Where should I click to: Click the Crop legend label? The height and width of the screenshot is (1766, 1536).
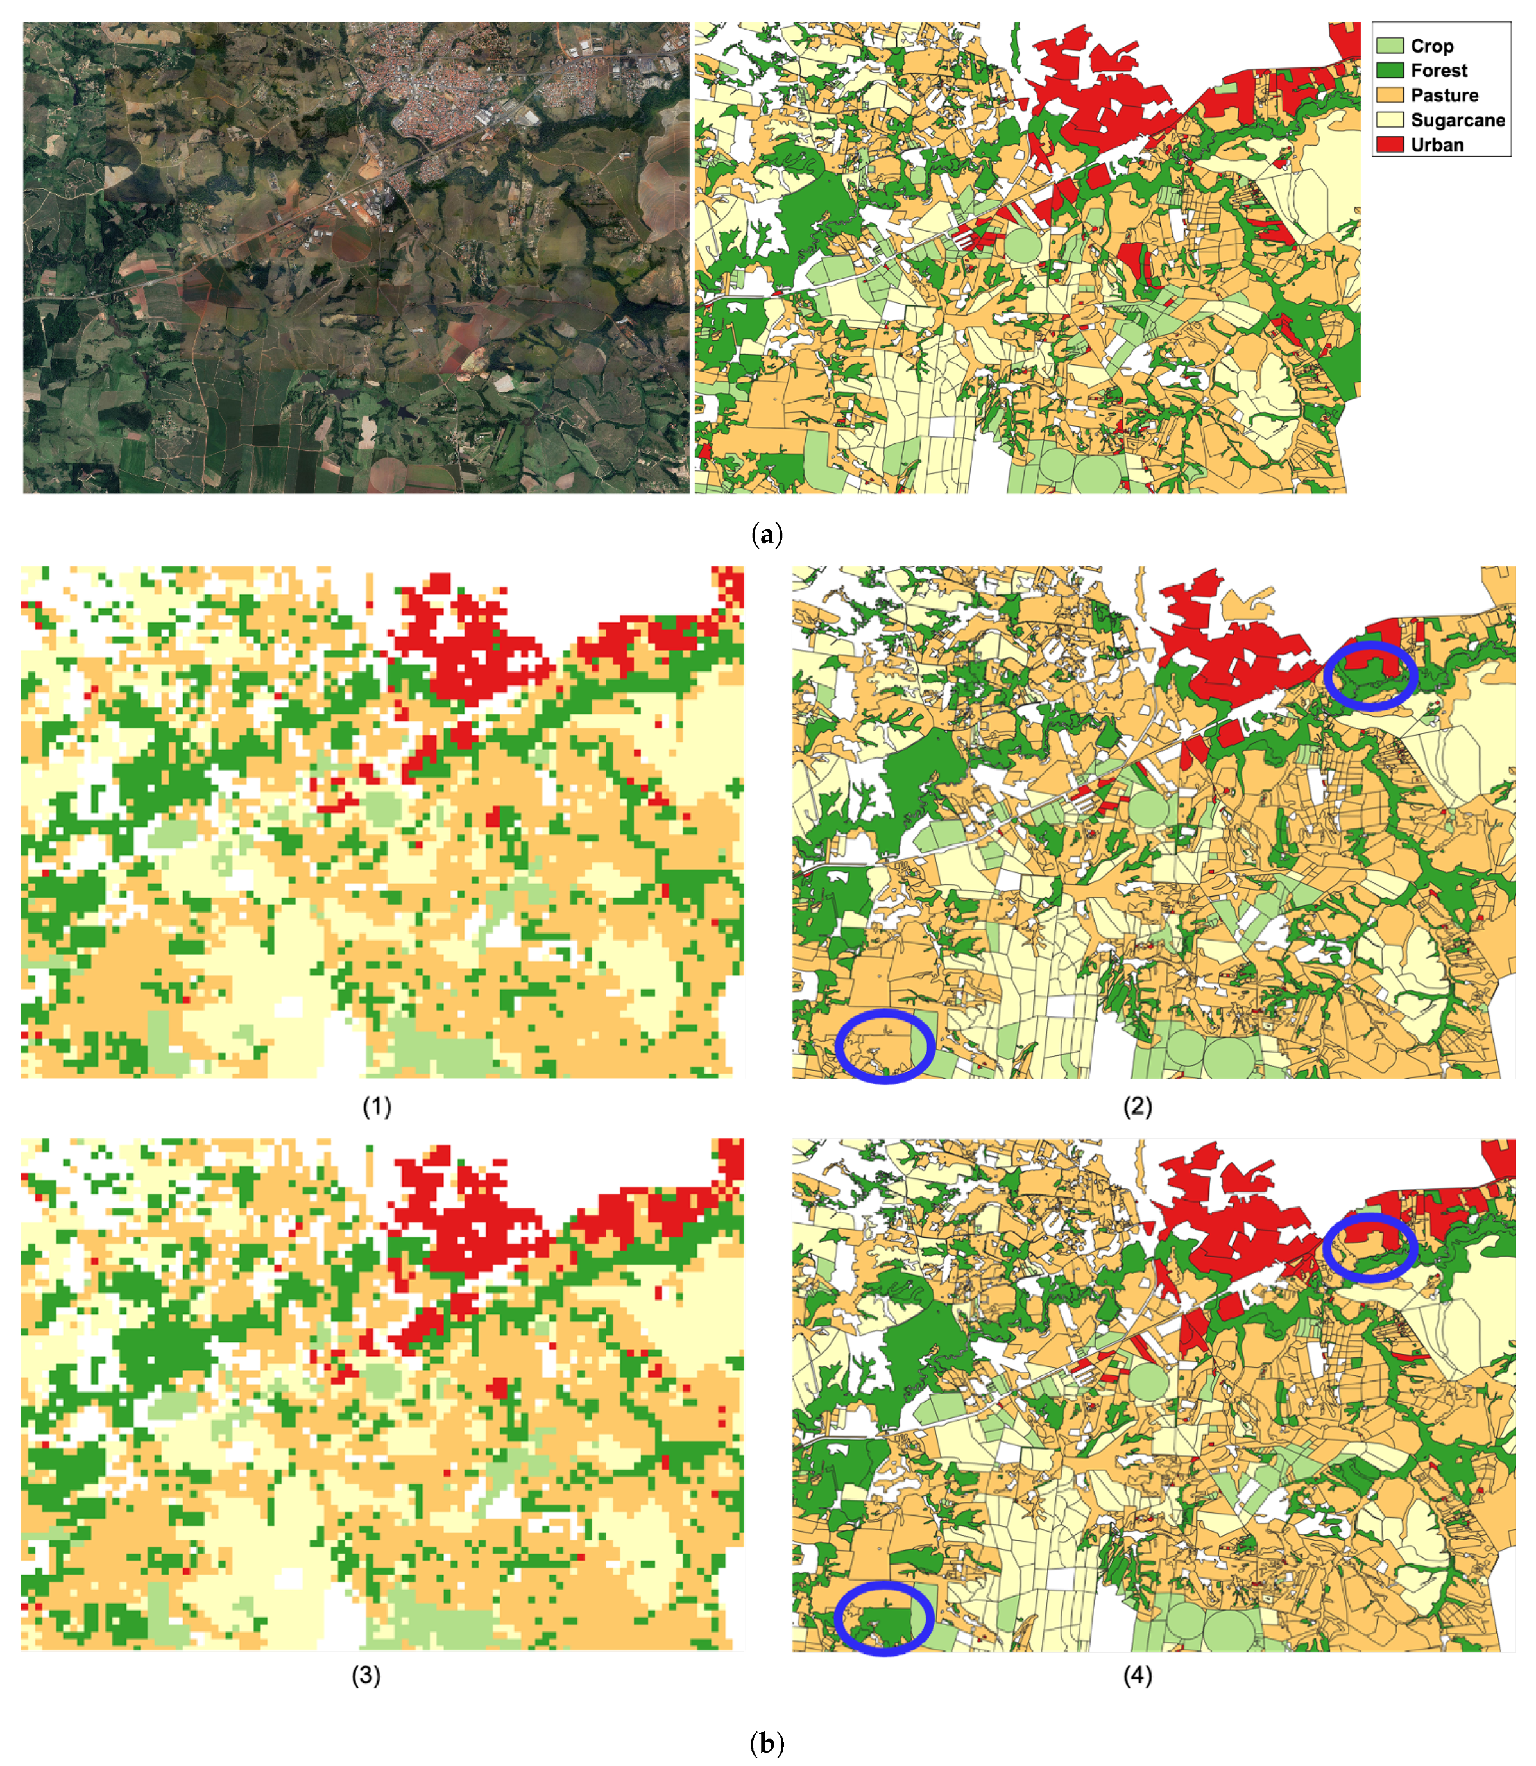(1431, 46)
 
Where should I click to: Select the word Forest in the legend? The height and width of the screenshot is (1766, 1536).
(1438, 71)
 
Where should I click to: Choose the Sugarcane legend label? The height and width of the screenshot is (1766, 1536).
(1457, 120)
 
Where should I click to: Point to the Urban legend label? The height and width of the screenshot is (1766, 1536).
(1437, 145)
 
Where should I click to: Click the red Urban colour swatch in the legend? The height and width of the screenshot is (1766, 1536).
(1390, 145)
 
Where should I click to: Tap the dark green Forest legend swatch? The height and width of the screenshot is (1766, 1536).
(1390, 71)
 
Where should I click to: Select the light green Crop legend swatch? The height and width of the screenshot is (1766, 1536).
(1390, 46)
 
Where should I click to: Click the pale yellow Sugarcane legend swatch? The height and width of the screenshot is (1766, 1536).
(1390, 120)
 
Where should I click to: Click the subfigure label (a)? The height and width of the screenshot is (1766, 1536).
(766, 536)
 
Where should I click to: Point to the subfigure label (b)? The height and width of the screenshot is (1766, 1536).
(766, 1744)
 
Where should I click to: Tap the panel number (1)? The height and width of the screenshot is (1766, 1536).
(377, 1107)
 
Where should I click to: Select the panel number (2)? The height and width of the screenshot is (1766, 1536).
(1138, 1107)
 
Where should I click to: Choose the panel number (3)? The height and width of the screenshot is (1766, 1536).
(366, 1676)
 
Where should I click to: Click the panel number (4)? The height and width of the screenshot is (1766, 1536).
(1138, 1676)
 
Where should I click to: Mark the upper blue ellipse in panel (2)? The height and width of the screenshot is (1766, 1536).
(1370, 676)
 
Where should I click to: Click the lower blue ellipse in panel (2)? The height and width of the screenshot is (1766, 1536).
(885, 1047)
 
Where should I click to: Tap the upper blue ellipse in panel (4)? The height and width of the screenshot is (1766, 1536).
(1370, 1248)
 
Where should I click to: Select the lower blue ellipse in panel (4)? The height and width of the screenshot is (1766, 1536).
(885, 1618)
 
